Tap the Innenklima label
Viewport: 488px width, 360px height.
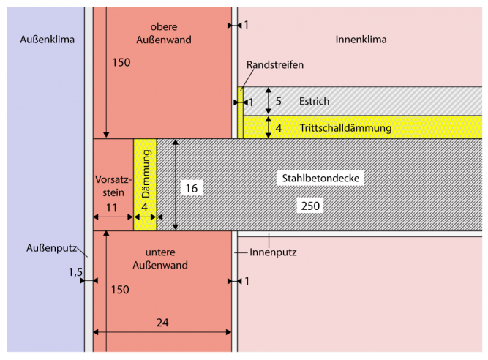361,39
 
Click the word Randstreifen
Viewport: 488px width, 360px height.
274,64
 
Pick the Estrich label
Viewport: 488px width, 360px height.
314,101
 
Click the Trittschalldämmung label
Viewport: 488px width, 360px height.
345,128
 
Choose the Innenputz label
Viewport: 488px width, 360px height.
273,252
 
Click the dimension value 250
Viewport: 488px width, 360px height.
310,206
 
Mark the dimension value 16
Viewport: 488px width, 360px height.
191,188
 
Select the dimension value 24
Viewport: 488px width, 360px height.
164,321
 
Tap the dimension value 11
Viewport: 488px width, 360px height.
112,208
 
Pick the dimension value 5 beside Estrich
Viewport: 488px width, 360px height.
278,101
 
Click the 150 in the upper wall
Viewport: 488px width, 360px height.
121,63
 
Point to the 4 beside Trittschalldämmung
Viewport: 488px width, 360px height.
278,128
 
